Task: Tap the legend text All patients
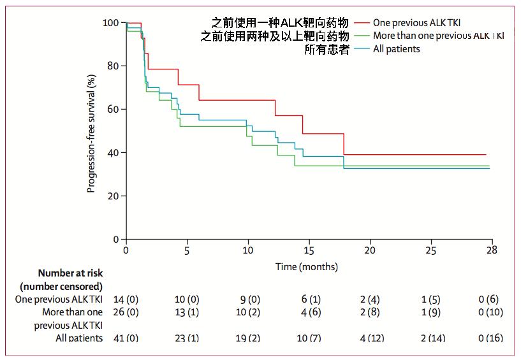(397, 48)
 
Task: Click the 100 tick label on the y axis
(111, 22)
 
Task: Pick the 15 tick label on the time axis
(309, 250)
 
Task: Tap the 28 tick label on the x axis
(491, 250)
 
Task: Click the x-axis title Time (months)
(307, 266)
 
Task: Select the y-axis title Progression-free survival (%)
(92, 134)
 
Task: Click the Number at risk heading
(70, 273)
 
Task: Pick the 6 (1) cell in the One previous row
(309, 299)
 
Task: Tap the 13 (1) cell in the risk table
(187, 312)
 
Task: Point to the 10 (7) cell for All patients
(309, 338)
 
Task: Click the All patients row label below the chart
(79, 338)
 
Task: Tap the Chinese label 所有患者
(327, 49)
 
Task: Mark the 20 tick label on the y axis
(114, 196)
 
